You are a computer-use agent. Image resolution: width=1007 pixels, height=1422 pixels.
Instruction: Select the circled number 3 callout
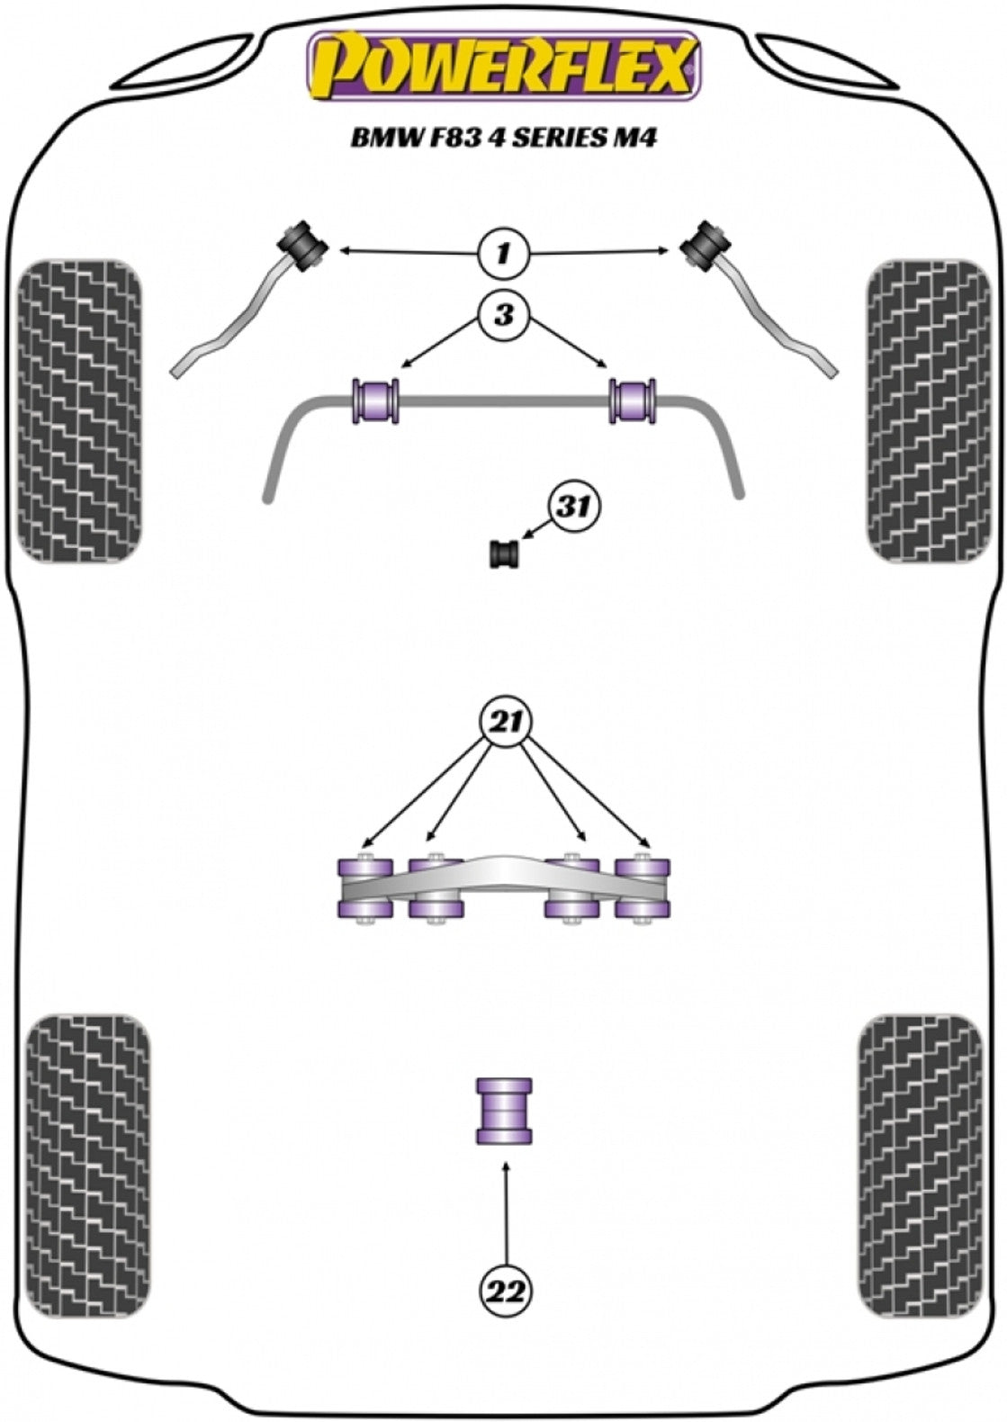[503, 315]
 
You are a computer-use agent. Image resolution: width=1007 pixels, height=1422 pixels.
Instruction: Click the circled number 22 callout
[507, 1291]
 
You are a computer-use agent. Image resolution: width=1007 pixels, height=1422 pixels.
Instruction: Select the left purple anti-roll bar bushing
[375, 401]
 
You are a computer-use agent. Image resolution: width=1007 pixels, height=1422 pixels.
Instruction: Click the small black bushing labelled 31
[506, 553]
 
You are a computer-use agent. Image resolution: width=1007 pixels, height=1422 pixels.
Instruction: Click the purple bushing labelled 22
[504, 1111]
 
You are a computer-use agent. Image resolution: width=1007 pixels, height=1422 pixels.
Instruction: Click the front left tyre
[80, 411]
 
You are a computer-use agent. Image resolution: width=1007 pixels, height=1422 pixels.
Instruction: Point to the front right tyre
[927, 411]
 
